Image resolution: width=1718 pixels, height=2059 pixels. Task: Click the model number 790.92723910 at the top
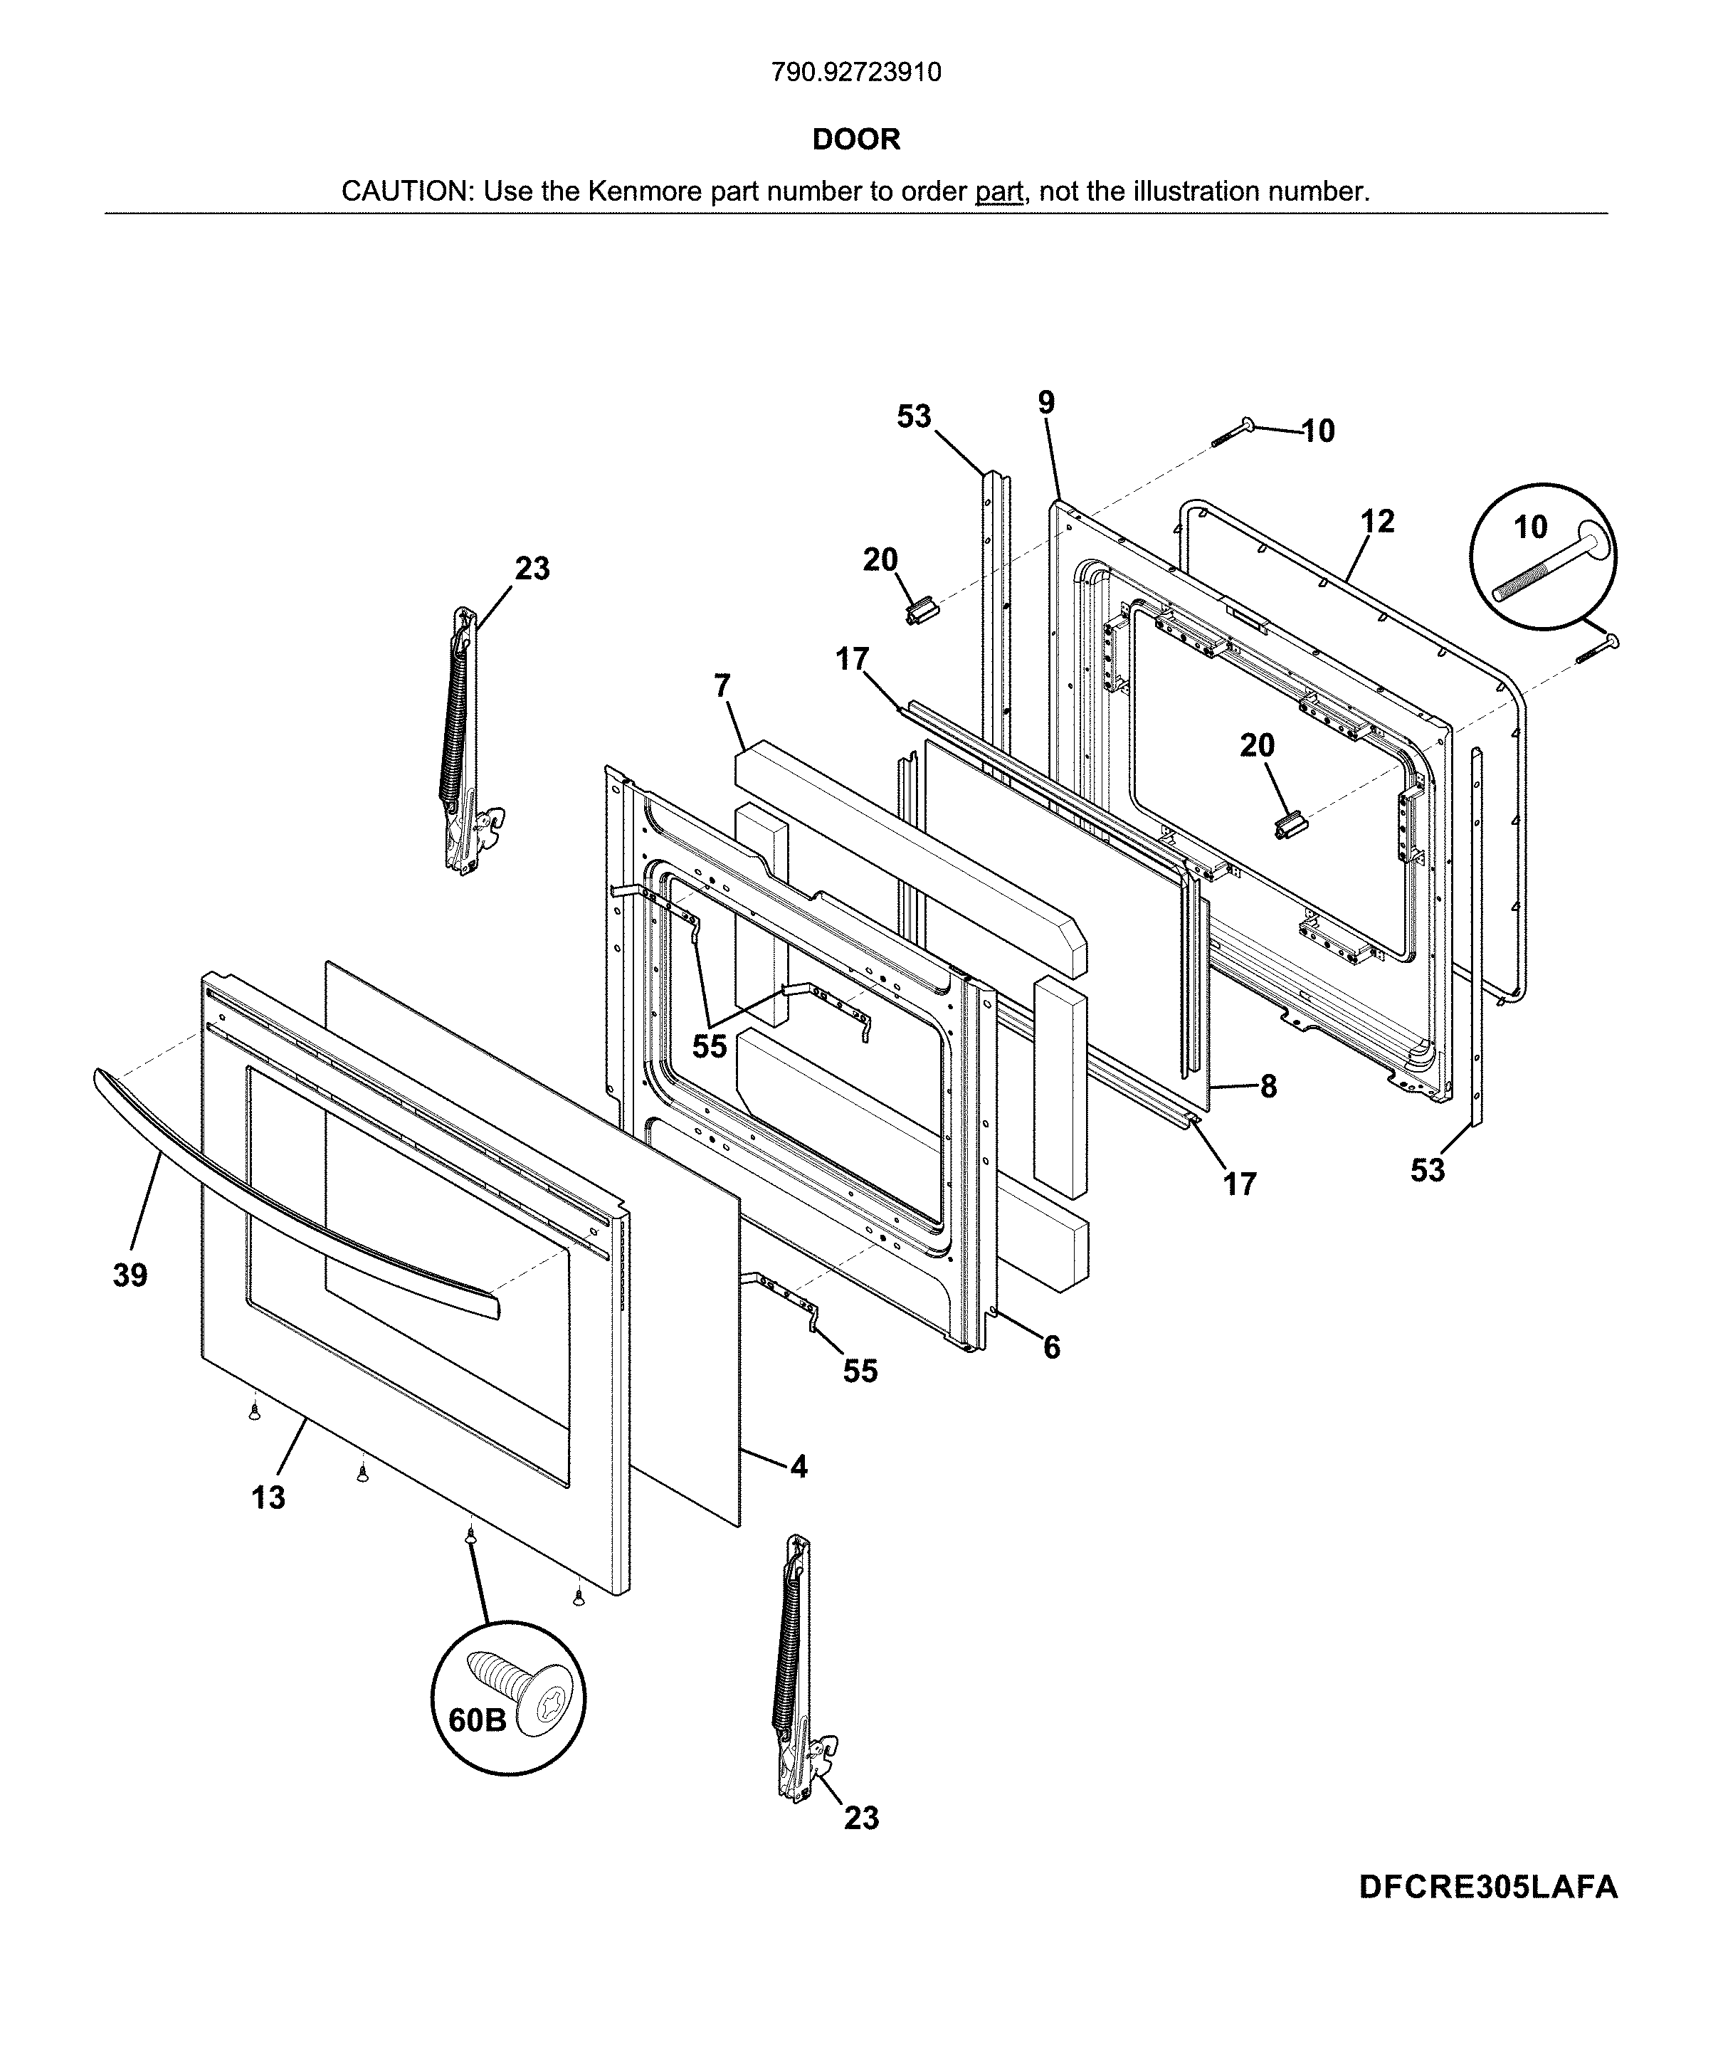856,73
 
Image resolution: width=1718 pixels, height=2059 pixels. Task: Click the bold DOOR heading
856,139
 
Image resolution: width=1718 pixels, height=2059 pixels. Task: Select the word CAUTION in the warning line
405,191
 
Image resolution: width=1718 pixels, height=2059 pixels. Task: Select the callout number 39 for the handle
130,1275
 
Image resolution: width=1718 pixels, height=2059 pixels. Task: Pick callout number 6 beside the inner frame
1051,1348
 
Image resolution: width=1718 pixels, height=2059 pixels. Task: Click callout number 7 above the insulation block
722,686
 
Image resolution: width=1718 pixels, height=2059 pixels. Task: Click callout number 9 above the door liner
1046,402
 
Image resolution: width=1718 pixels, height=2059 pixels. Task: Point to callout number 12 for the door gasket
1378,522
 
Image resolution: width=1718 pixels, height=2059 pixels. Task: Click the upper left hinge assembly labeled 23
465,740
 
